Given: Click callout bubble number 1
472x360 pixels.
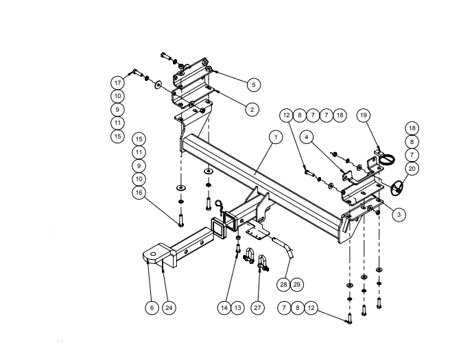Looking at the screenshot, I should [x=275, y=137].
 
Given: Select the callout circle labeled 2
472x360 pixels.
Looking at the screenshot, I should [x=252, y=109].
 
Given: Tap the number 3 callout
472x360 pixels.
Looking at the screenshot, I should [x=400, y=214].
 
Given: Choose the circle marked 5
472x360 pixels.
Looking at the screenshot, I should [x=253, y=84].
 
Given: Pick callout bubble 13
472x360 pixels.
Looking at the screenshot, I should [x=237, y=308].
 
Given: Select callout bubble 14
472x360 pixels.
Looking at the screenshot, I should [x=224, y=308].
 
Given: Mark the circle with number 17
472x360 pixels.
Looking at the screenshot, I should [x=118, y=83].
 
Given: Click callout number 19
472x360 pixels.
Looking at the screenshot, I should [x=364, y=115].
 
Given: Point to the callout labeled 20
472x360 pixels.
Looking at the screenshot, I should [x=412, y=167].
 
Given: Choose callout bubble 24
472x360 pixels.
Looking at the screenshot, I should [x=169, y=308].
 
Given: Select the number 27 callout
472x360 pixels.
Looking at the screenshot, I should [x=258, y=308].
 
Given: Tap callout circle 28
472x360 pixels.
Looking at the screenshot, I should [x=283, y=283].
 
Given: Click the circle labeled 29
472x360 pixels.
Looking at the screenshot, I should [x=296, y=283].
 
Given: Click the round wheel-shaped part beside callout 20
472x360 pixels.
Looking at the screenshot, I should [x=397, y=187].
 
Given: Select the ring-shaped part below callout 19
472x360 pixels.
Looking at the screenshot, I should [x=388, y=159].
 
